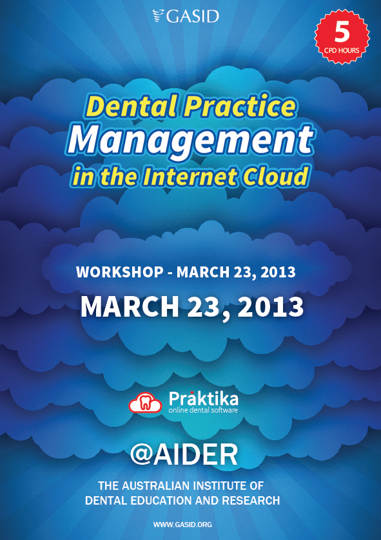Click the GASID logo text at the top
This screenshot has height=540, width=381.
(x=193, y=17)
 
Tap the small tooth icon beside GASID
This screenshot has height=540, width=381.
(x=159, y=16)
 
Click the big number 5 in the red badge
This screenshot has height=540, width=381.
(x=342, y=32)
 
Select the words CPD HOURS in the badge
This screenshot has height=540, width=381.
(x=342, y=51)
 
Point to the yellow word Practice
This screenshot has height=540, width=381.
(x=240, y=107)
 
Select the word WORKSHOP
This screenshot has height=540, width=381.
(x=120, y=272)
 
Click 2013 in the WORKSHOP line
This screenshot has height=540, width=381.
(x=278, y=272)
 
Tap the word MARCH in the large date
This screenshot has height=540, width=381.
(x=130, y=306)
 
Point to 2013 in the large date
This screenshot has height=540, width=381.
(x=271, y=306)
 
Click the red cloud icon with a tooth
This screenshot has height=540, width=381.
(x=145, y=402)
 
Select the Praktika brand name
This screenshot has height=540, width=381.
(x=204, y=399)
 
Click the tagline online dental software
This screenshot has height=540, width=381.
(x=203, y=410)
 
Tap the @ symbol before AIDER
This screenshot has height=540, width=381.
(x=141, y=454)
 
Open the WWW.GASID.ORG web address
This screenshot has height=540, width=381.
(x=182, y=525)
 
